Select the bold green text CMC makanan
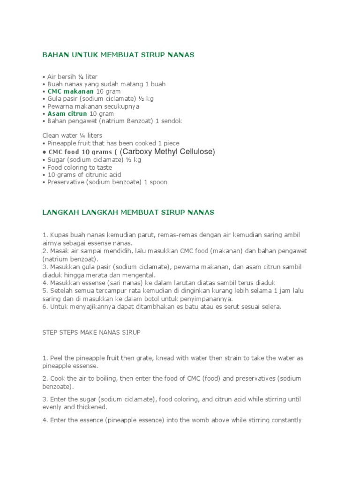70,91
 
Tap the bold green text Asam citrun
67,114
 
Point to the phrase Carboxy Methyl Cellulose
167,151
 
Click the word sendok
172,121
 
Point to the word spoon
158,182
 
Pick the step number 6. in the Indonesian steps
45,307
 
